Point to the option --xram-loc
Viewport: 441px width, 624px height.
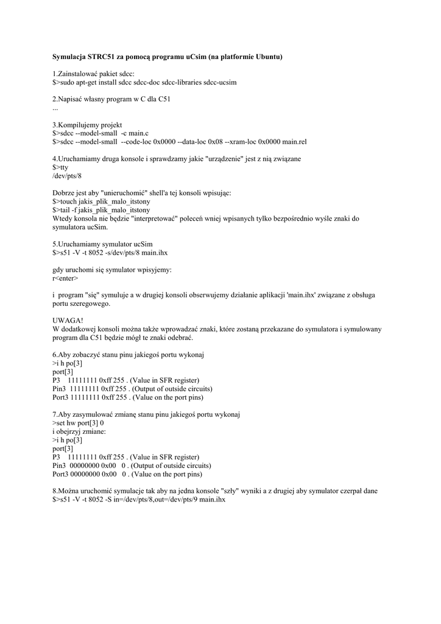[239, 141]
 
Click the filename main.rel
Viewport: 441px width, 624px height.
[294, 141]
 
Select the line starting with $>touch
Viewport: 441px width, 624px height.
[101, 201]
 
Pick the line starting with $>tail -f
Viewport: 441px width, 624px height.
[101, 210]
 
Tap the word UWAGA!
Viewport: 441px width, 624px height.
[68, 321]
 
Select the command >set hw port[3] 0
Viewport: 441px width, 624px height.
[79, 423]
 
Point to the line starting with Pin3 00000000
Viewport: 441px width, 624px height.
[132, 466]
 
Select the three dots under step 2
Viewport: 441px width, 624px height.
[55, 108]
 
